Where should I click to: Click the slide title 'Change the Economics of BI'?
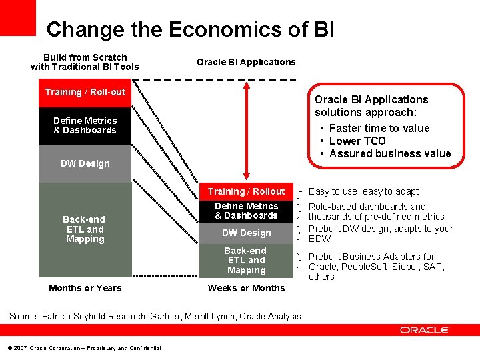click(190, 29)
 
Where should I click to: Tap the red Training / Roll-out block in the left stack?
click(85, 92)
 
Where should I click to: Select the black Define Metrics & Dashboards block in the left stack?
click(85, 125)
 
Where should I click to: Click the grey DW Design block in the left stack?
click(85, 164)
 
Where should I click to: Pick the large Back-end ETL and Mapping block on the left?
click(85, 229)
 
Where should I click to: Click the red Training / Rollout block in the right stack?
click(246, 191)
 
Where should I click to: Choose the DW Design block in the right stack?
click(246, 233)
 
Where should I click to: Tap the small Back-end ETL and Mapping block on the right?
click(246, 261)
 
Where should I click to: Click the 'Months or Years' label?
click(85, 288)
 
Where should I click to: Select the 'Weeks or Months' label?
click(246, 288)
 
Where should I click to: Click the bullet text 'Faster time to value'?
click(379, 128)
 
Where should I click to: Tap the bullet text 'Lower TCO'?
click(357, 141)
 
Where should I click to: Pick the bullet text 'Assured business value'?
click(389, 153)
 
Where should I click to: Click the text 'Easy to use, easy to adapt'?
click(364, 191)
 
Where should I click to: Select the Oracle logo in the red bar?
click(425, 330)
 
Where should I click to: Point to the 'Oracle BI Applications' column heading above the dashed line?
click(246, 62)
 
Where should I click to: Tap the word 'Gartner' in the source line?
click(169, 316)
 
